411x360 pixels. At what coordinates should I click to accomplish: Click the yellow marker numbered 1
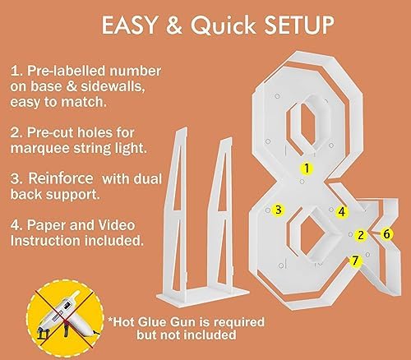pyautogui.click(x=307, y=168)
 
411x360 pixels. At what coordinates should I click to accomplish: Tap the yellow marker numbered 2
pyautogui.click(x=361, y=235)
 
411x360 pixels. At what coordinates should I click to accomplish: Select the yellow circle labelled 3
pyautogui.click(x=279, y=210)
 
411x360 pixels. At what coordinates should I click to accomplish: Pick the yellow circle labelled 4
pyautogui.click(x=342, y=212)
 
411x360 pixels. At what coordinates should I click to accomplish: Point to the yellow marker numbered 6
pyautogui.click(x=386, y=234)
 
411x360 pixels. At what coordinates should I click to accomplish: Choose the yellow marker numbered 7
pyautogui.click(x=355, y=261)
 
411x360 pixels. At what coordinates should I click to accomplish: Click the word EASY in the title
pyautogui.click(x=129, y=25)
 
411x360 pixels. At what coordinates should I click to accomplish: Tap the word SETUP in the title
pyautogui.click(x=299, y=25)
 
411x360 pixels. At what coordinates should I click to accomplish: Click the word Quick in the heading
pyautogui.click(x=224, y=25)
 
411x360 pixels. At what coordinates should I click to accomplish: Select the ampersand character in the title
pyautogui.click(x=174, y=25)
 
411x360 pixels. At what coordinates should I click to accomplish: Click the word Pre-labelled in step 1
pyautogui.click(x=65, y=71)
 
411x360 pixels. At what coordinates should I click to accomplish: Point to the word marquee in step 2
pyautogui.click(x=40, y=149)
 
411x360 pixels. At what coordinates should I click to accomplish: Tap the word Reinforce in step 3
pyautogui.click(x=61, y=178)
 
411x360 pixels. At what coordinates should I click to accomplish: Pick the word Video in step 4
pyautogui.click(x=117, y=225)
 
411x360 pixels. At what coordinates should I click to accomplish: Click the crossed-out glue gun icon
pyautogui.click(x=65, y=318)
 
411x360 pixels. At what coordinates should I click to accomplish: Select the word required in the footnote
pyautogui.click(x=239, y=322)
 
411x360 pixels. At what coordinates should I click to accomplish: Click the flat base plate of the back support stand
pyautogui.click(x=203, y=295)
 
